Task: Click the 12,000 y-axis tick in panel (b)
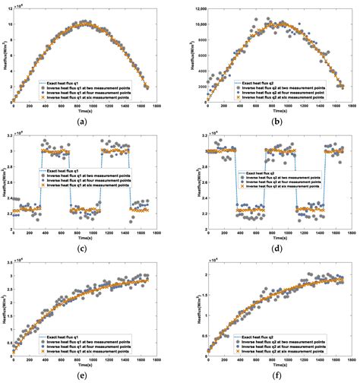click(x=195, y=9)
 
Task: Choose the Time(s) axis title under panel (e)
click(x=92, y=367)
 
